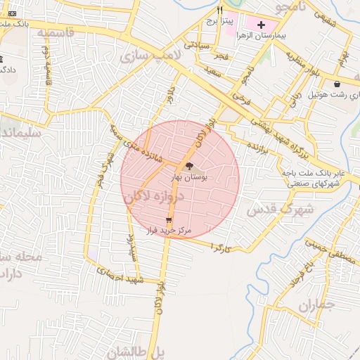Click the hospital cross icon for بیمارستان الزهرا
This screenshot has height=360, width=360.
tap(261, 25)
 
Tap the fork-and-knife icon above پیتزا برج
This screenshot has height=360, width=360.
tap(219, 11)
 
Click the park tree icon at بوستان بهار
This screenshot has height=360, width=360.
tap(188, 166)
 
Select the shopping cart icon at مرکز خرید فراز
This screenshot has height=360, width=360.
tap(168, 221)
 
